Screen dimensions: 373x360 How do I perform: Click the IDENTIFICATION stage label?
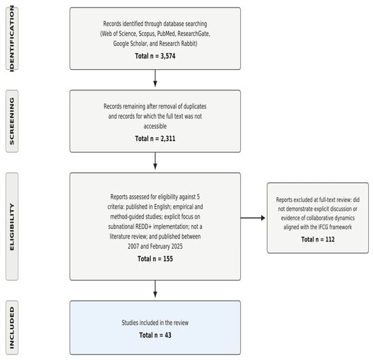[12, 39]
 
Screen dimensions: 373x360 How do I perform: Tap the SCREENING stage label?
[12, 121]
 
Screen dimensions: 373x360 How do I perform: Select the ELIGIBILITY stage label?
[12, 226]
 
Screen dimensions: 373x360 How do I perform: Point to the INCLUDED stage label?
[12, 327]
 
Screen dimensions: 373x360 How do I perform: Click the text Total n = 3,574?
[155, 56]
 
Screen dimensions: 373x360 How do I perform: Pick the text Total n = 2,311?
[155, 138]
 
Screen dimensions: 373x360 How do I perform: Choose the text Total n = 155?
[155, 259]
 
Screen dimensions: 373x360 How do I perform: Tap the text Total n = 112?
[318, 239]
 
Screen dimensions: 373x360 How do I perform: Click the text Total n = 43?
[155, 335]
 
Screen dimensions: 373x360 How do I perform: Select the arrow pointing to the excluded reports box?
[253, 218]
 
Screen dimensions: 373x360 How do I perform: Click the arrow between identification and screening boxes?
[155, 78]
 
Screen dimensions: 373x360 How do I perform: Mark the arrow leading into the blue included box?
[155, 289]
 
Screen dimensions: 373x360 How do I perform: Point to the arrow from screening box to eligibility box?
[155, 161]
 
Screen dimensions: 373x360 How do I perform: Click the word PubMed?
[166, 34]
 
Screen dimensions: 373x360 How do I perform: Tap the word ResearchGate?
[194, 34]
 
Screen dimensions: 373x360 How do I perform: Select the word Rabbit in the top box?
[189, 44]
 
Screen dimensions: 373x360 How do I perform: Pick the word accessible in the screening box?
[155, 126]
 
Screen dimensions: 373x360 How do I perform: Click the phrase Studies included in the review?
[155, 323]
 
